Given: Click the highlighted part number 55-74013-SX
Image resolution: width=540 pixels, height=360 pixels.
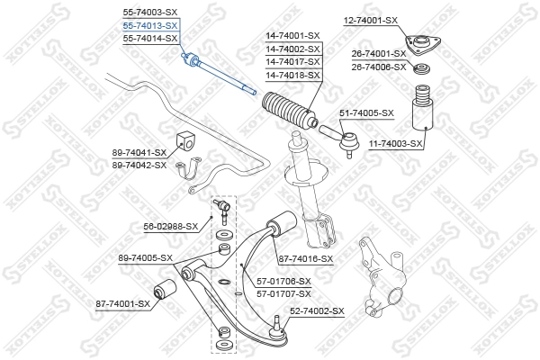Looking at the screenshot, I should point(149,26).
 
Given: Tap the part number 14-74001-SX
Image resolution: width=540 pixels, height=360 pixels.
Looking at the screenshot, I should point(292,36).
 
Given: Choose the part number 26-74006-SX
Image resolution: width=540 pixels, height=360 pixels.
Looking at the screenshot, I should point(378,67).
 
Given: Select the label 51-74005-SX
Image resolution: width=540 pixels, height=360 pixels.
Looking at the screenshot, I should point(366,112).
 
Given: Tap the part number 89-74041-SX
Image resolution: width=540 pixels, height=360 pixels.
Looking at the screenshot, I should point(139,153).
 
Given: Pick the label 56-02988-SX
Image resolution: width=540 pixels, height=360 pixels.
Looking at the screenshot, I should point(169,227).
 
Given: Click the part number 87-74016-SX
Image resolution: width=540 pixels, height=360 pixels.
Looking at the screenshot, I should point(306,258).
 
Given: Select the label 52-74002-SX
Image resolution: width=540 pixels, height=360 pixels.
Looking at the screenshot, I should point(317,310).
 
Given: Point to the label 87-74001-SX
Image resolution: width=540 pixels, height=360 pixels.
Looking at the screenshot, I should point(122,303).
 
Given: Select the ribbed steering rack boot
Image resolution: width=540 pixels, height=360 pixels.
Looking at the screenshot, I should point(286,111).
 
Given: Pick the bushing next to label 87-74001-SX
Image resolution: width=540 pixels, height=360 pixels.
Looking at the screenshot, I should point(166,291).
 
